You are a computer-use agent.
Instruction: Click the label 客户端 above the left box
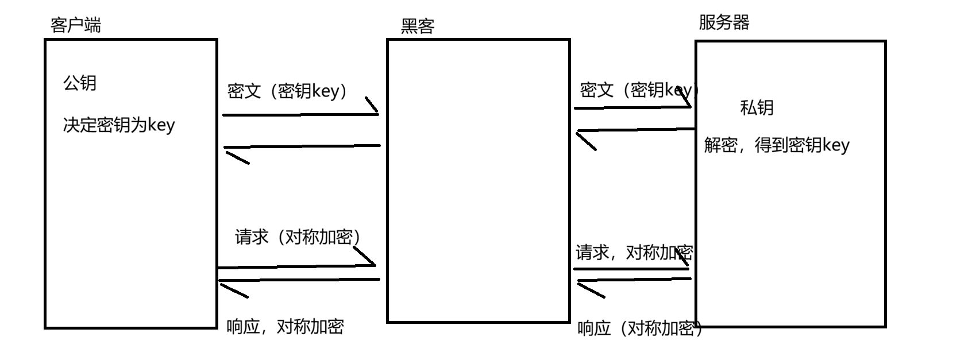pos(76,25)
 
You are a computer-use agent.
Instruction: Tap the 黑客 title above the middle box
pos(418,26)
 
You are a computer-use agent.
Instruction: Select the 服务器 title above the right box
pos(724,23)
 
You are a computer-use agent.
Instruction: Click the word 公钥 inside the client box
pos(80,83)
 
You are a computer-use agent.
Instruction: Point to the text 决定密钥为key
pos(118,125)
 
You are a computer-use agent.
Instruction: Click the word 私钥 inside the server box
pos(757,107)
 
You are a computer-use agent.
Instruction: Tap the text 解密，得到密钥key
pos(777,145)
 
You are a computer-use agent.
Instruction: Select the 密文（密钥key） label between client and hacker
pos(288,91)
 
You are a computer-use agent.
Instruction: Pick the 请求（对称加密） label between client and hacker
pos(298,237)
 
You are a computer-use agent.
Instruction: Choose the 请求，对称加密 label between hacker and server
pos(634,252)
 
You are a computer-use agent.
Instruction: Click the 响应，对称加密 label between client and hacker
pos(285,327)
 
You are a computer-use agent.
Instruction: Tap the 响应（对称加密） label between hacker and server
pos(639,328)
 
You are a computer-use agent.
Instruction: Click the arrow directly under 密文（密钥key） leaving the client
pos(300,114)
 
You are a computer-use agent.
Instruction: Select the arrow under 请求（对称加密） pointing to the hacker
pos(296,266)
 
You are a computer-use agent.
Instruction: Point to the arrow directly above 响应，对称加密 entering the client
pos(299,280)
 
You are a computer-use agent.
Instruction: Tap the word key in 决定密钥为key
pos(161,125)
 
